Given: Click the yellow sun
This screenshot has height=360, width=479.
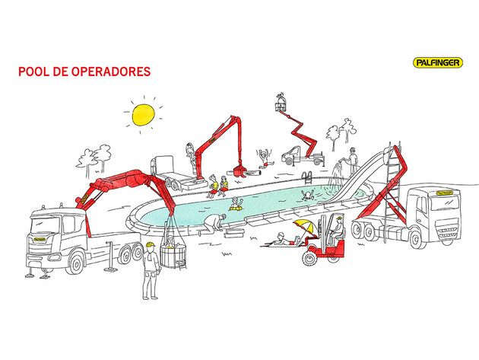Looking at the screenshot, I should point(141,115).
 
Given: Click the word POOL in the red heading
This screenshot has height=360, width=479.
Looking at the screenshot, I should point(33,72).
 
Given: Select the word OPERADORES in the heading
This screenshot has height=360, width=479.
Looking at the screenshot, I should point(112,72).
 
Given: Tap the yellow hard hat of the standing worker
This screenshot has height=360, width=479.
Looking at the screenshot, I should point(151,245).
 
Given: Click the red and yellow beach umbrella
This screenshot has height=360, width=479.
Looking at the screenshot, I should point(303,227).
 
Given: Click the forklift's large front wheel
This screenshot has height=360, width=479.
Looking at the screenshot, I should point(309,258).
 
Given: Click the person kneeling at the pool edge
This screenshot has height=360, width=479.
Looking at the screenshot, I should point(216,223).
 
